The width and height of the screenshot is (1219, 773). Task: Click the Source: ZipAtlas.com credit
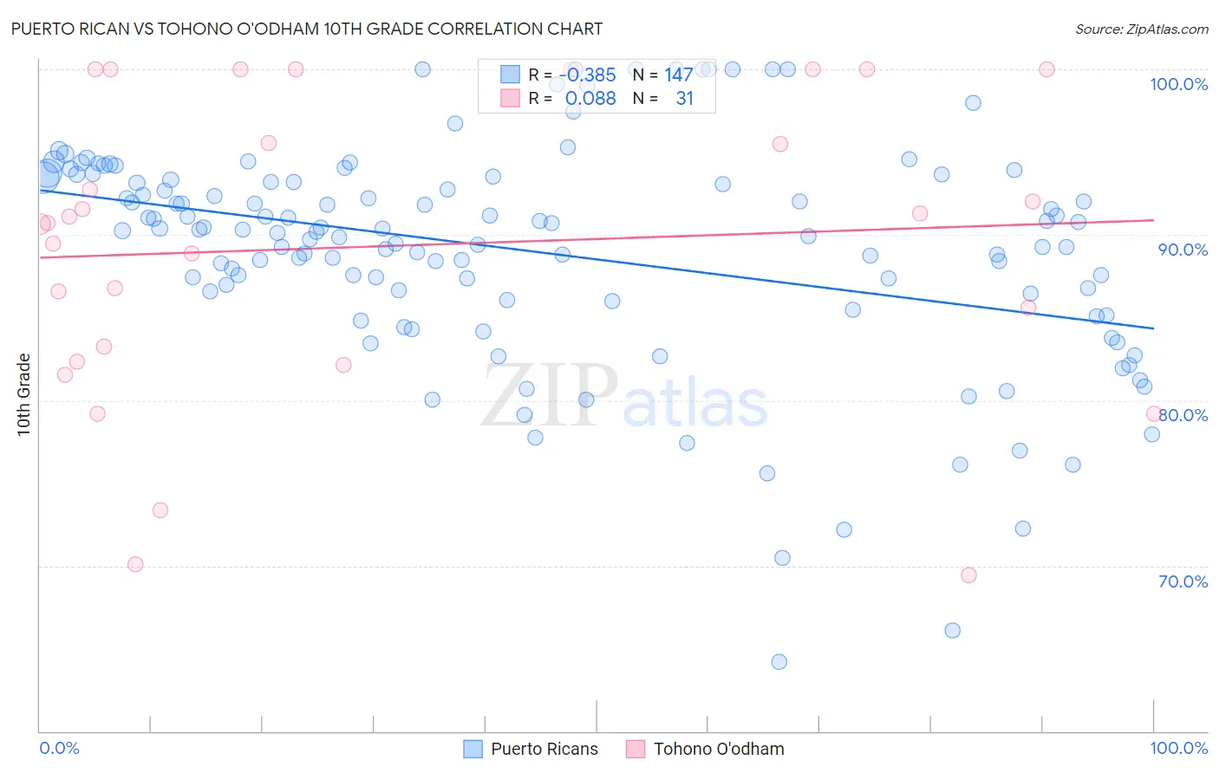tap(1141, 29)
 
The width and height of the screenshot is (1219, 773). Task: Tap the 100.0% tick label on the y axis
tap(1178, 84)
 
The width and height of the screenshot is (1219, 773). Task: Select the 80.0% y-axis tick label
tap(1183, 415)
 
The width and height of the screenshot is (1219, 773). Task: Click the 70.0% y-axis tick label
tap(1183, 581)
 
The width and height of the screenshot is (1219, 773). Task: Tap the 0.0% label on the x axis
tap(59, 748)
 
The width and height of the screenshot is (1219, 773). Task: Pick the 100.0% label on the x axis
tap(1178, 748)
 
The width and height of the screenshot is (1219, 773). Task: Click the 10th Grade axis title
tap(24, 394)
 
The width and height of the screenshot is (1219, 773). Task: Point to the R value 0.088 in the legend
tap(590, 99)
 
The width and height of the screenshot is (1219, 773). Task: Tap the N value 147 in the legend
tap(678, 75)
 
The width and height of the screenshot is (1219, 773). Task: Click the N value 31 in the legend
tap(684, 99)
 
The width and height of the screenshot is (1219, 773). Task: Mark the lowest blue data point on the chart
tap(779, 662)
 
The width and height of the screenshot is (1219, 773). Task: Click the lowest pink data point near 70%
tap(135, 564)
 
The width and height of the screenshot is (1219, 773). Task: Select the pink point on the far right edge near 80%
tap(1153, 414)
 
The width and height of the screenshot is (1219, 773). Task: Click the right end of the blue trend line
tap(1153, 328)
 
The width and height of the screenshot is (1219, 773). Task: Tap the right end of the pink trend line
tap(1153, 220)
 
